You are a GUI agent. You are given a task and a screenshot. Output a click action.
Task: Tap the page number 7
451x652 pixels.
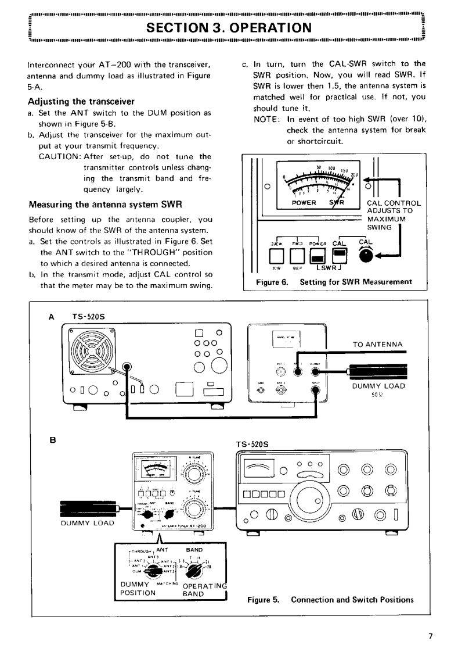click(430, 636)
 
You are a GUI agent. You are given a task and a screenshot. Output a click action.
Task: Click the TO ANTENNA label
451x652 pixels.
click(378, 344)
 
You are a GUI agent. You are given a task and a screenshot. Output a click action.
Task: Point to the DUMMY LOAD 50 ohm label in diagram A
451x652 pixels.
click(377, 388)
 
